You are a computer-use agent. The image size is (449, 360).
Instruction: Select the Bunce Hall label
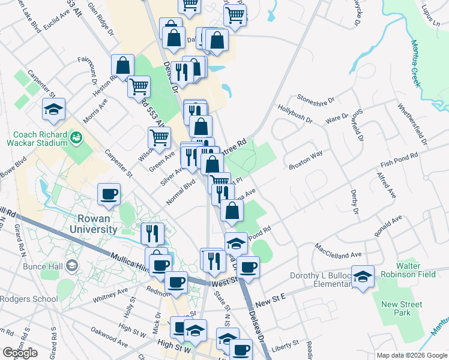coord(43,266)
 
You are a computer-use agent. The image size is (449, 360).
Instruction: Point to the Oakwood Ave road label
coord(109,337)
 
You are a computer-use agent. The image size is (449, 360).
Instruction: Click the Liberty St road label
coord(285,344)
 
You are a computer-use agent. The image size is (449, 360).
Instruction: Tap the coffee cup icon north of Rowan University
coord(109,193)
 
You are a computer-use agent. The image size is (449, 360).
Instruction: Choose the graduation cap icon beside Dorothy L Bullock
coord(363,276)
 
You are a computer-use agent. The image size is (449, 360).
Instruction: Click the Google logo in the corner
coord(20,353)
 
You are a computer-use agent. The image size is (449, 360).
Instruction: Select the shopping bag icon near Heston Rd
coord(122,67)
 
